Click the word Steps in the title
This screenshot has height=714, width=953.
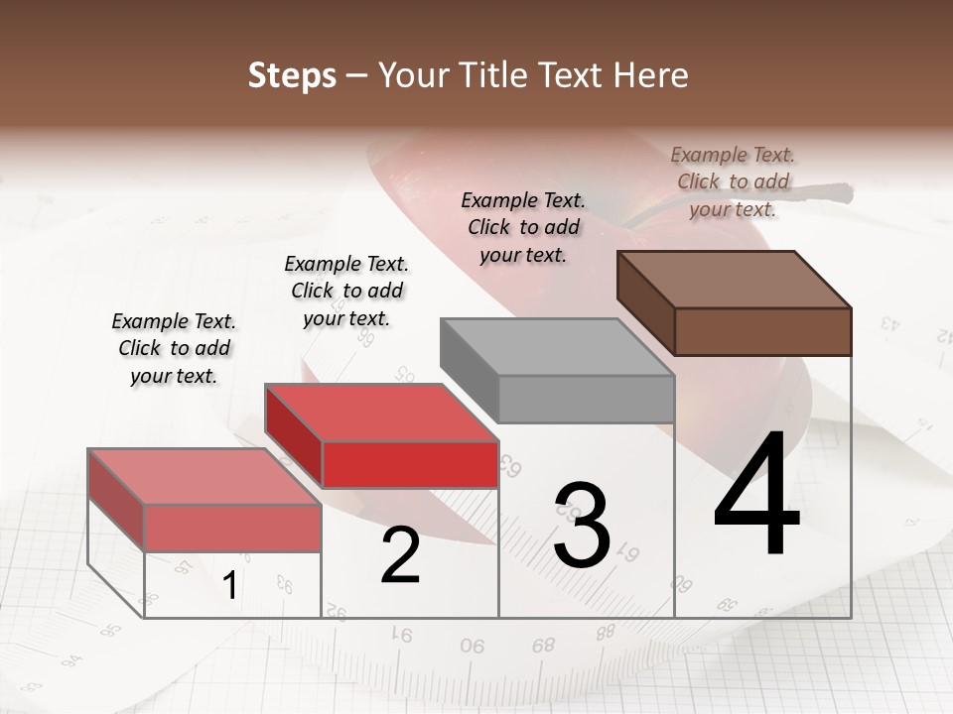pyautogui.click(x=292, y=75)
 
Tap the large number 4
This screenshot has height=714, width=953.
pyautogui.click(x=756, y=496)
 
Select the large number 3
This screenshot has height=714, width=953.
pyautogui.click(x=582, y=526)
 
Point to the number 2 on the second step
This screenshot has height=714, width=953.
pyautogui.click(x=400, y=555)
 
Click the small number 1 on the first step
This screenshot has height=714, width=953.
pyautogui.click(x=229, y=586)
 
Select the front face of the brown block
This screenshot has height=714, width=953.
pyautogui.click(x=762, y=331)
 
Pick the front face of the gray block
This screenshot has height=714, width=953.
pyautogui.click(x=586, y=399)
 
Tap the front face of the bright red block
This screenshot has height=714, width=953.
pyautogui.click(x=410, y=464)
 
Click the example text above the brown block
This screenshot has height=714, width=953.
pyautogui.click(x=733, y=181)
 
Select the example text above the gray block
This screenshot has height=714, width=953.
pyautogui.click(x=523, y=227)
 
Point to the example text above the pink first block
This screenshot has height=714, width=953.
pyautogui.click(x=174, y=348)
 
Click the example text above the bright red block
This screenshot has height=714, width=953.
pyautogui.click(x=346, y=291)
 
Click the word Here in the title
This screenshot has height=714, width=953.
pyautogui.click(x=654, y=75)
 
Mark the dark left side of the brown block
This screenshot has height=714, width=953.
pyautogui.click(x=645, y=301)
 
